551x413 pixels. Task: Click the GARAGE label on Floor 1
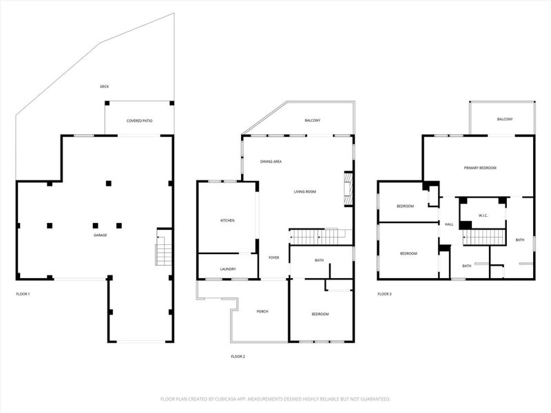pyautogui.click(x=100, y=235)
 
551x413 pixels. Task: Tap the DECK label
pyautogui.click(x=104, y=87)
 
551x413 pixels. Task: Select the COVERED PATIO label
pyautogui.click(x=139, y=121)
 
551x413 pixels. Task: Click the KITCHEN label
pyautogui.click(x=227, y=220)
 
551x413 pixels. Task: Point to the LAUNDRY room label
pyautogui.click(x=228, y=268)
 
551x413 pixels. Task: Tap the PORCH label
pyautogui.click(x=262, y=312)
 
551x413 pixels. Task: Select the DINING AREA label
pyautogui.click(x=271, y=162)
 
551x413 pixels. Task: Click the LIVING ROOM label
pyautogui.click(x=305, y=191)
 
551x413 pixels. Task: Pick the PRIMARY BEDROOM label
pyautogui.click(x=480, y=168)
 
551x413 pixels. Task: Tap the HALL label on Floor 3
pyautogui.click(x=448, y=224)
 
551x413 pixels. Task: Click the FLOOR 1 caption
pyautogui.click(x=23, y=294)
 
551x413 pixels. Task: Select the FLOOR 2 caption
pyautogui.click(x=238, y=357)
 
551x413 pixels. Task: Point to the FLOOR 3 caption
pyautogui.click(x=384, y=294)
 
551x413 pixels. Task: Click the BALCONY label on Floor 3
pyautogui.click(x=505, y=120)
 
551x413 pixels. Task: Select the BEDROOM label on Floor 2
pyautogui.click(x=320, y=315)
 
